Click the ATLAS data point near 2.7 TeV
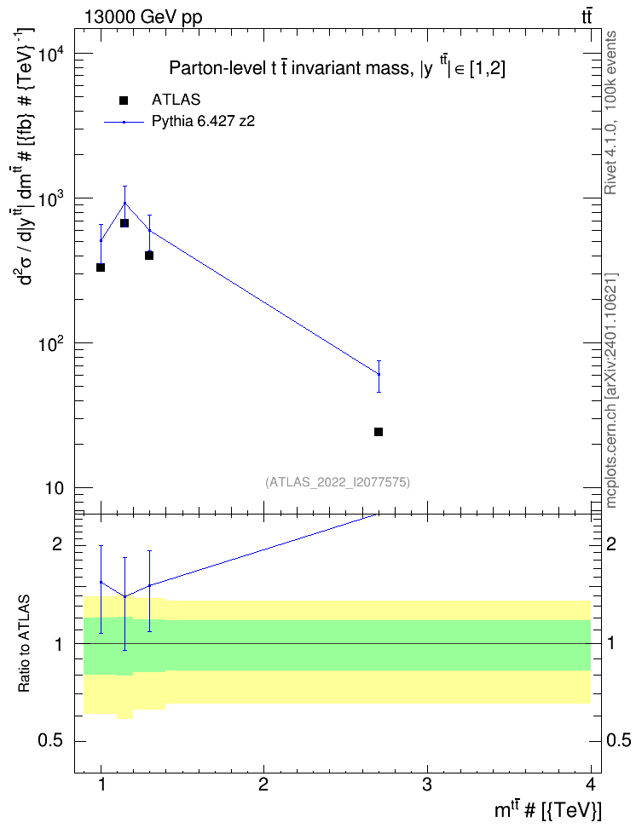click(x=378, y=432)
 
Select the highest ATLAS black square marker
click(x=124, y=223)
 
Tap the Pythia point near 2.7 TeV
click(x=379, y=375)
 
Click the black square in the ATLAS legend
click(x=123, y=101)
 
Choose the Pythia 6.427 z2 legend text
click(x=203, y=122)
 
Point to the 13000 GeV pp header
click(x=142, y=17)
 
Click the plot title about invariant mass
click(x=337, y=68)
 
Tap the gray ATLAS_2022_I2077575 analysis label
click(x=338, y=482)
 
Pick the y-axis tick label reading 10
click(x=53, y=488)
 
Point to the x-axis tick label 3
click(x=426, y=785)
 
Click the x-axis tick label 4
click(x=591, y=785)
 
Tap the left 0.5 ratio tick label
click(x=51, y=741)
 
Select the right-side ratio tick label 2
click(x=611, y=543)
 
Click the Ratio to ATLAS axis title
click(x=24, y=644)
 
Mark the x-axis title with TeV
click(x=547, y=811)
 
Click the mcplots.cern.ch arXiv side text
click(x=611, y=390)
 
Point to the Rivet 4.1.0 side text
click(x=611, y=112)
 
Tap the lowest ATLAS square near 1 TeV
click(x=101, y=267)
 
